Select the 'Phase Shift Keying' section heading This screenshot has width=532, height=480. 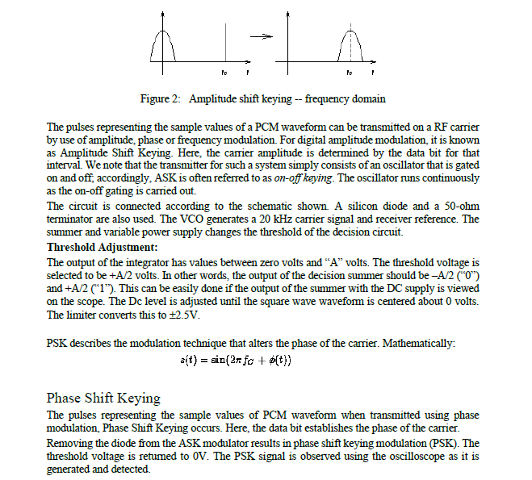tap(103, 398)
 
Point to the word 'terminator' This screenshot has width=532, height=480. tap(72, 219)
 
